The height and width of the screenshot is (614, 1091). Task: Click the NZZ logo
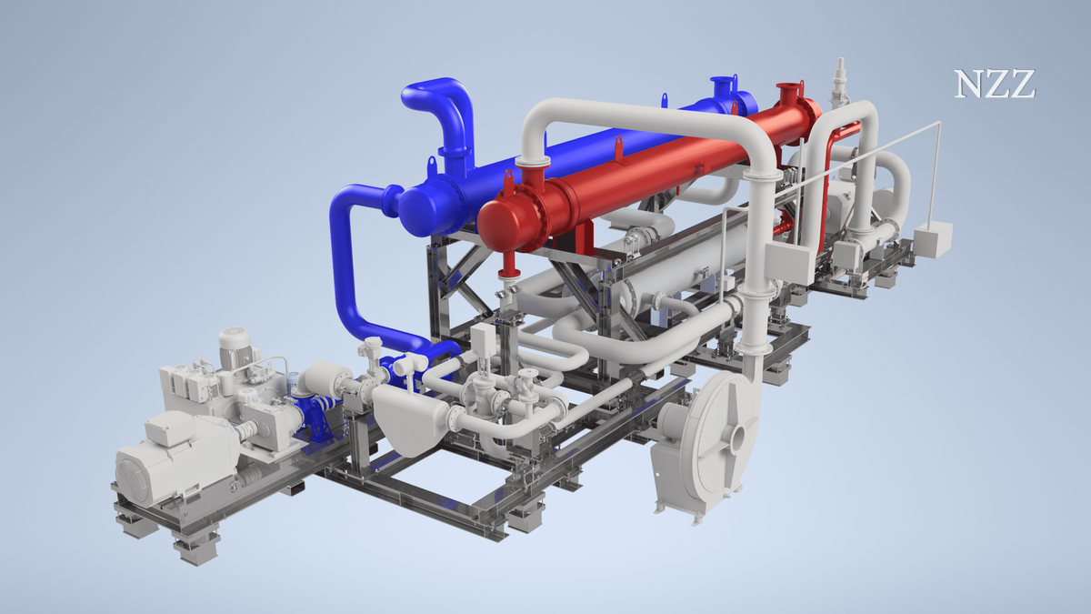pyautogui.click(x=994, y=84)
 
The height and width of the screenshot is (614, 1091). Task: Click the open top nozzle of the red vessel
pyautogui.click(x=789, y=93)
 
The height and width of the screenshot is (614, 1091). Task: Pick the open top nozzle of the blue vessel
pyautogui.click(x=722, y=86)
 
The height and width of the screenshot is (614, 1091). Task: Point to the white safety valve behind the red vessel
pyautogui.click(x=839, y=83)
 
